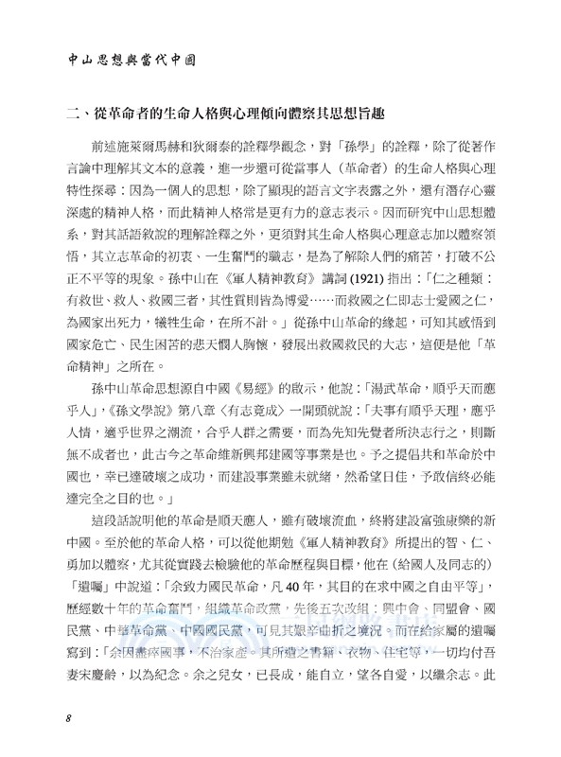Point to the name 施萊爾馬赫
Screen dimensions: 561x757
coord(166,149)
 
